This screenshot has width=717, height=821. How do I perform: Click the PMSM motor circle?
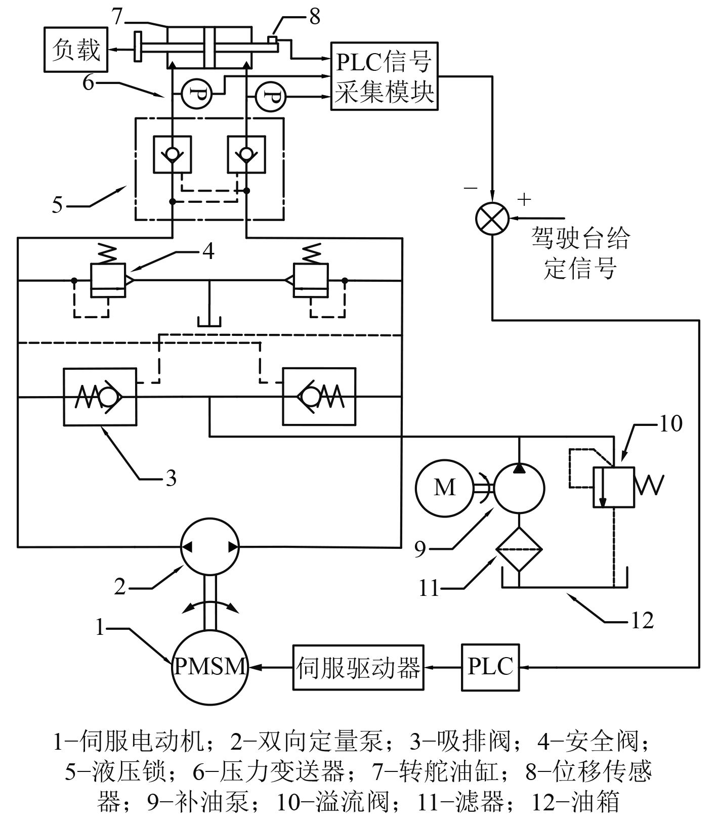coord(209,667)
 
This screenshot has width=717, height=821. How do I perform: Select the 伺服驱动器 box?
coord(358,667)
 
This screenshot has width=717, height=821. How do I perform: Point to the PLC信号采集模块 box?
coord(384,76)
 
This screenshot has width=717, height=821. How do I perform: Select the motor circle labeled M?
coord(444,488)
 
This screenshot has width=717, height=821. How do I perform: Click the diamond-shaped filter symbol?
coord(519,549)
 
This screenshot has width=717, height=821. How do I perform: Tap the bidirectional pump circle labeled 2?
coord(209,546)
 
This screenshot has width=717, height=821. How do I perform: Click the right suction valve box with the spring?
coord(319,397)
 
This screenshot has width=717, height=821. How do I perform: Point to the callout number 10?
coord(670,424)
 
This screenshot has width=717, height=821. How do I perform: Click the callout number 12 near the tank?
coord(643,620)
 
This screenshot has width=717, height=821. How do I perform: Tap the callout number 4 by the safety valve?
coord(208,251)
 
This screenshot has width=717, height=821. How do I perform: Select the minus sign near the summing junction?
coord(471,188)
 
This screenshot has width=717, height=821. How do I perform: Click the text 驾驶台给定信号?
coord(580,253)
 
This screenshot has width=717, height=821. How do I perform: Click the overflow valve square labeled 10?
coord(613,487)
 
